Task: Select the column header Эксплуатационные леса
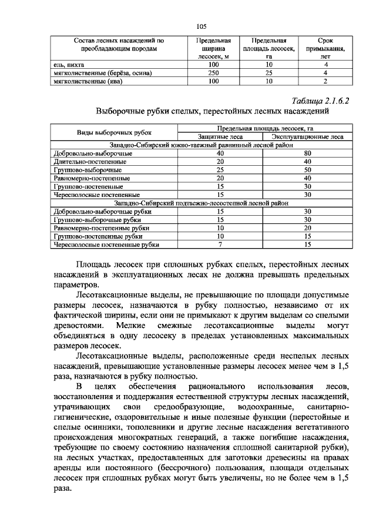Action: [308, 137]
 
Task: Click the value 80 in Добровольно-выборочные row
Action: [308, 153]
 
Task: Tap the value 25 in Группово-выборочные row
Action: [220, 169]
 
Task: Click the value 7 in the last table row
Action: [220, 243]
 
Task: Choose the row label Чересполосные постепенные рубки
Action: [106, 243]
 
